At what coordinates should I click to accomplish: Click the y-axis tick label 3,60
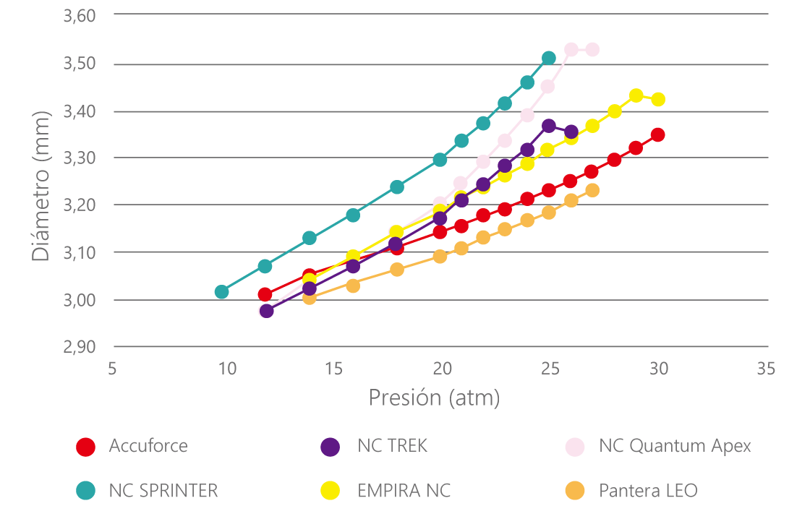[x=80, y=17]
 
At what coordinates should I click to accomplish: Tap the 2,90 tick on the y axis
[x=80, y=347]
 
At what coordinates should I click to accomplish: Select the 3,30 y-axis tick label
[x=80, y=158]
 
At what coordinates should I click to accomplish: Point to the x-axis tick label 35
[x=765, y=369]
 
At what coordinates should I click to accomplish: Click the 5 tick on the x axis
[x=112, y=369]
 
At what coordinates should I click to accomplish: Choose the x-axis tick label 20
[x=440, y=369]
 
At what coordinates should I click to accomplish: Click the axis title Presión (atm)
[x=434, y=398]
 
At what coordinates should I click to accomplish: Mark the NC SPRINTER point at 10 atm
[x=222, y=292]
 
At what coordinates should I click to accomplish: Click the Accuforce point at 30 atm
[x=657, y=135]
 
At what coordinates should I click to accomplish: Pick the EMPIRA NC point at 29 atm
[x=636, y=95]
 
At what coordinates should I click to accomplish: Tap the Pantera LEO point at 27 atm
[x=592, y=190]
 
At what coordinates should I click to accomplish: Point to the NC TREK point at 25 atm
[x=549, y=126]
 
